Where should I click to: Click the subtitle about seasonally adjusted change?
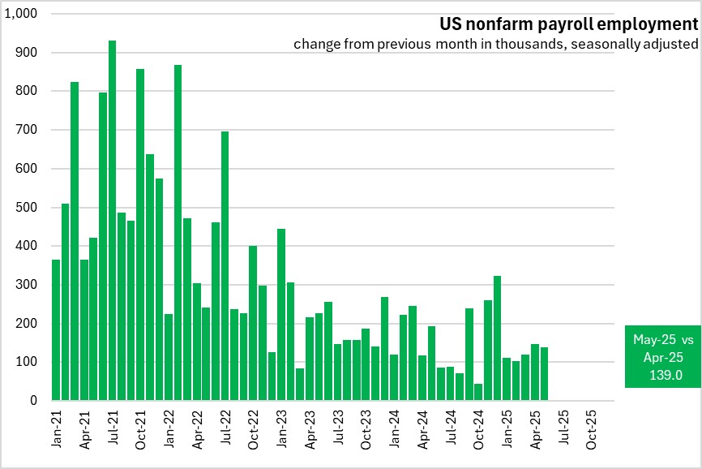tap(495, 44)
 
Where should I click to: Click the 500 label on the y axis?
tap(28, 207)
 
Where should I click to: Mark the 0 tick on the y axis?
tap(34, 401)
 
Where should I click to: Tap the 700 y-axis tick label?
tap(28, 130)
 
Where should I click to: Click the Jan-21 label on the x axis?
tap(57, 428)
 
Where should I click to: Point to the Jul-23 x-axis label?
tap(338, 428)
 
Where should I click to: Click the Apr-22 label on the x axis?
tap(197, 428)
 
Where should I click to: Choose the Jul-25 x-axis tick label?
tap(563, 428)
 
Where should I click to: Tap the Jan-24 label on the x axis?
tap(394, 428)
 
